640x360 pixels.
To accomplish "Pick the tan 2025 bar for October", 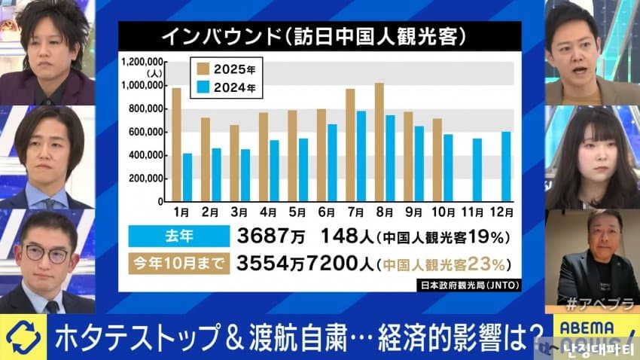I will (x=437, y=160).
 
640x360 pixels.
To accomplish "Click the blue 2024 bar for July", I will (x=361, y=156).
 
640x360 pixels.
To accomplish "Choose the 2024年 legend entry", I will (x=227, y=88).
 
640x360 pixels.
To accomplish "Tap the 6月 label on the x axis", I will (x=327, y=213).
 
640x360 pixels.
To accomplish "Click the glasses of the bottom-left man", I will (x=47, y=254).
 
